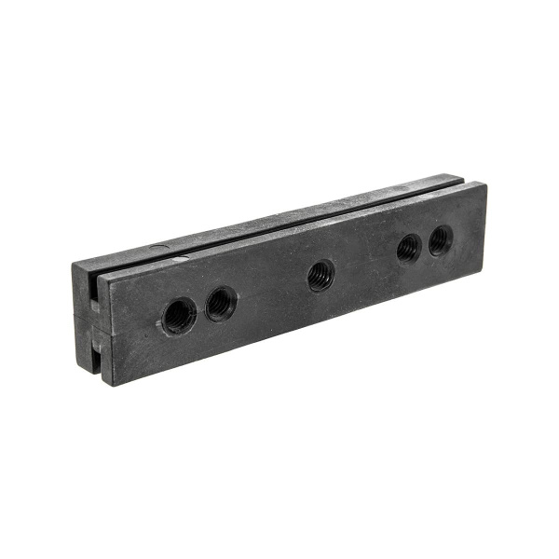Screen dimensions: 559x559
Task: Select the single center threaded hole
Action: [320, 275]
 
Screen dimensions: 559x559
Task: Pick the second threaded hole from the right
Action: [408, 248]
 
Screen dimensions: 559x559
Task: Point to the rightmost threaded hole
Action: [440, 239]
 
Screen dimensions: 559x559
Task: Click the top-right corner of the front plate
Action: [484, 183]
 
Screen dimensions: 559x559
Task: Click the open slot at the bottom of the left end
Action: [94, 366]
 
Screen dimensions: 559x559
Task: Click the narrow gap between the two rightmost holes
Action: [424, 244]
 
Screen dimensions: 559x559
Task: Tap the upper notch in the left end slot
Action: [94, 296]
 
